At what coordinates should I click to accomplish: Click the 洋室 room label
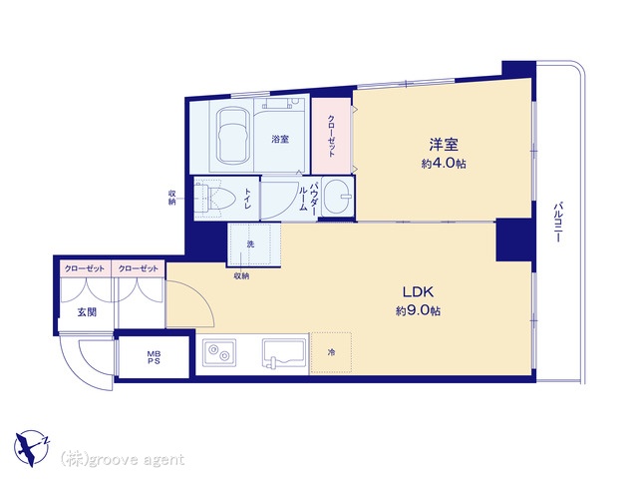[444, 145]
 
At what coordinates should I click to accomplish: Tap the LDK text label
[418, 291]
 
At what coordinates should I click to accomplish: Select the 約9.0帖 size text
[418, 311]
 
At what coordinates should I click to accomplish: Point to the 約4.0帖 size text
[444, 164]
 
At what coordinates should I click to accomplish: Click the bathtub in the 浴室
[232, 137]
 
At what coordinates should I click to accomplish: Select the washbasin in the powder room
[339, 198]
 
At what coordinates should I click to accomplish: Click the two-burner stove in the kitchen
[219, 352]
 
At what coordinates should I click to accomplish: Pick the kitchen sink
[284, 352]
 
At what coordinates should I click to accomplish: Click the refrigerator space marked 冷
[331, 352]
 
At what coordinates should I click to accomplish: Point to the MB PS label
[154, 357]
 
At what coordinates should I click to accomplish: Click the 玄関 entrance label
[87, 312]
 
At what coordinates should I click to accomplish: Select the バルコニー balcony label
[558, 222]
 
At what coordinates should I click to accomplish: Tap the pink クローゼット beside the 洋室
[331, 136]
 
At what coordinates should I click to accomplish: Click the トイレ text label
[247, 199]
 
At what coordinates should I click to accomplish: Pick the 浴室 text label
[280, 140]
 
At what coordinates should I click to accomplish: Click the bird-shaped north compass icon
[32, 448]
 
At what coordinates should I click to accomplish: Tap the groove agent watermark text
[123, 460]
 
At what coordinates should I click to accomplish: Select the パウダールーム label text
[308, 197]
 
